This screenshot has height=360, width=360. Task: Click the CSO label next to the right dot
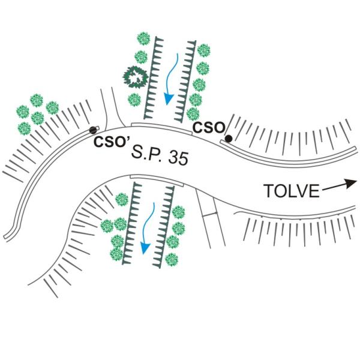pos(209,127)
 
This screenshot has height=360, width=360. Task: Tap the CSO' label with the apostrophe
pos(112,141)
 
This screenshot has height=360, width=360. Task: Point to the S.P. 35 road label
pos(160,155)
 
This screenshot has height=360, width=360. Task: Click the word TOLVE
pos(292,191)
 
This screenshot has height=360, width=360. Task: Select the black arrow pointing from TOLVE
pos(340,185)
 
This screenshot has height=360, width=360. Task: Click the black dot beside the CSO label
pos(229,139)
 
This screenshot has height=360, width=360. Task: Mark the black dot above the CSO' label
pos(93,130)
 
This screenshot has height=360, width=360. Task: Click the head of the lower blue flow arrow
pos(145,248)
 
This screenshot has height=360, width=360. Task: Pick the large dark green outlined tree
pos(135,77)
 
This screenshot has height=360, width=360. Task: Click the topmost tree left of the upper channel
pos(143,38)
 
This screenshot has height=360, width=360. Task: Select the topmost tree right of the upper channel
pos(203,50)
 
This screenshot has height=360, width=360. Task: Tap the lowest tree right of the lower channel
pos(172,259)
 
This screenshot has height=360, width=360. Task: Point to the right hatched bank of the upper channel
pos(185,81)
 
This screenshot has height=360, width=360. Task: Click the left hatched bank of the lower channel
pos(132,223)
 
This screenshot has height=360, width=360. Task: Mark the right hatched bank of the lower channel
pos(164,227)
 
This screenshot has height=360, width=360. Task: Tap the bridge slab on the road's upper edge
pos(161,127)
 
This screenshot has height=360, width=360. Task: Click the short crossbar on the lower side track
pos(210,214)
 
